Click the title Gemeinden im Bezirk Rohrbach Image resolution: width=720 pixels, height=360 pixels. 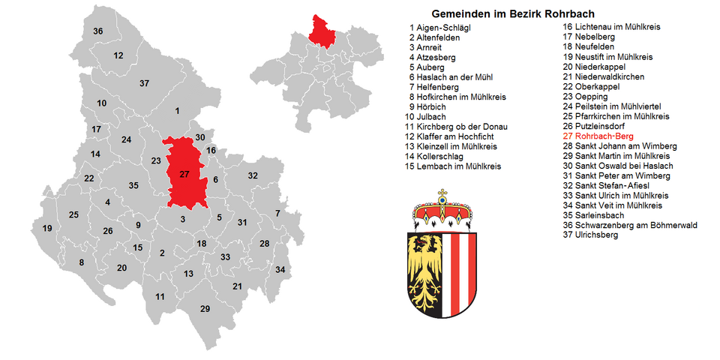point(513,14)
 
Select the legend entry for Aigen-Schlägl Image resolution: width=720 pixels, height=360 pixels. point(445,27)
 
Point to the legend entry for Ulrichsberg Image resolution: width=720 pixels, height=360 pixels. point(597,235)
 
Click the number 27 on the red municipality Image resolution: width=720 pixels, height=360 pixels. point(184,174)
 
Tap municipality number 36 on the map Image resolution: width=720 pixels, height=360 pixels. point(97,31)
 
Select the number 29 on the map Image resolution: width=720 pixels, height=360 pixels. point(205,309)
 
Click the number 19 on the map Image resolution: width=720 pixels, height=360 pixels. point(47,229)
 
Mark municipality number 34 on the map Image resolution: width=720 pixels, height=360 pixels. point(280,269)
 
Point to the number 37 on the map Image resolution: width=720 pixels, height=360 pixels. point(144,83)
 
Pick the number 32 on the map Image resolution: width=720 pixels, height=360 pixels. point(253,175)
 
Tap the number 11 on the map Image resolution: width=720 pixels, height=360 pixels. point(160,297)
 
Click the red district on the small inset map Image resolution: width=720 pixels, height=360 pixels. point(322,31)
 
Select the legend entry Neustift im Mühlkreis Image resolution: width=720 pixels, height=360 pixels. point(613,57)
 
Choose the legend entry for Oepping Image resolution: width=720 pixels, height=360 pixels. point(590,97)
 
